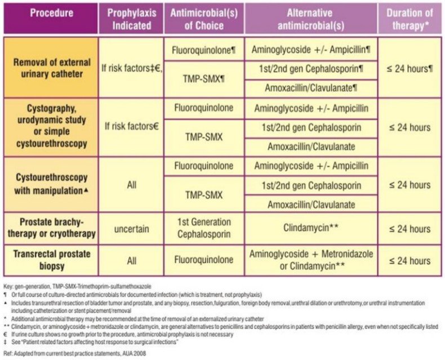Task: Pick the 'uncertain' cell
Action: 131,229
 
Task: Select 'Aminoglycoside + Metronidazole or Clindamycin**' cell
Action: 310,260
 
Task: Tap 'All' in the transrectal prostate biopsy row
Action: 131,261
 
